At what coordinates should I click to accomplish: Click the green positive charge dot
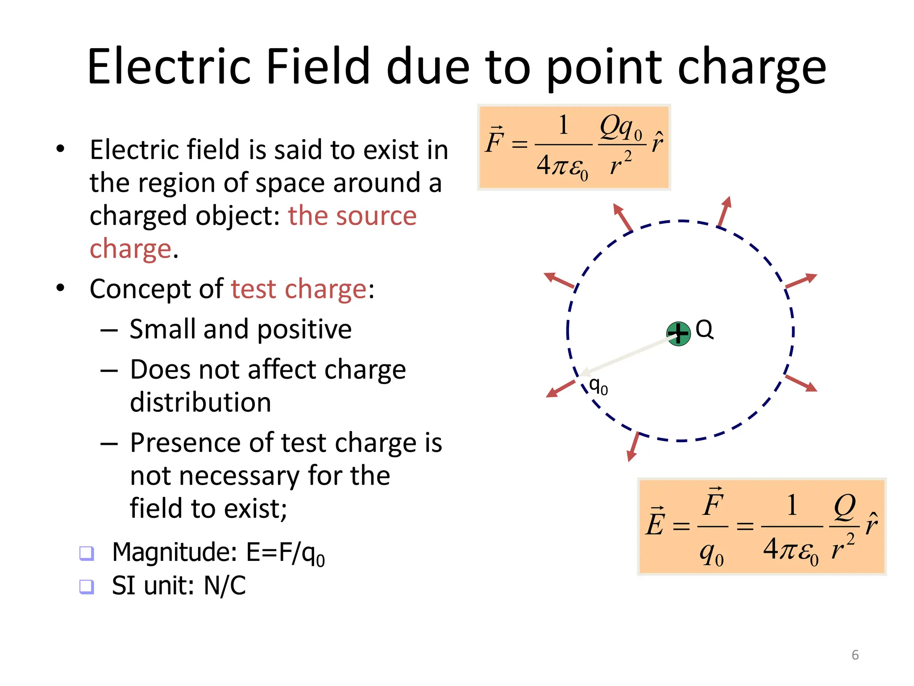point(678,334)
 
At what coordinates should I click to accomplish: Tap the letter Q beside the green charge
point(704,330)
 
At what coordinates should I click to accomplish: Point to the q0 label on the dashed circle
point(598,386)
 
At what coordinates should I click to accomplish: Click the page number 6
point(855,655)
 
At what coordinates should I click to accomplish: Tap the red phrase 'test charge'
point(299,289)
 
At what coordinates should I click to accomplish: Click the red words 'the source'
point(352,216)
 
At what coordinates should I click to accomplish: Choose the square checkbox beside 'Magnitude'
point(86,553)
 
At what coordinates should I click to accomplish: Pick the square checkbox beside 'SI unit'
point(86,586)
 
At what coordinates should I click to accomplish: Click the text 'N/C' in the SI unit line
point(224,586)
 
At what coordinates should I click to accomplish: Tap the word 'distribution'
point(200,402)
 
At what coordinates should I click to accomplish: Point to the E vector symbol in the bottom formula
point(655,522)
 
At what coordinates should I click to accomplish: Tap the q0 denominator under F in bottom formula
point(711,555)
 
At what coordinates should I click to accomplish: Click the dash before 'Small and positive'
point(109,330)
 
